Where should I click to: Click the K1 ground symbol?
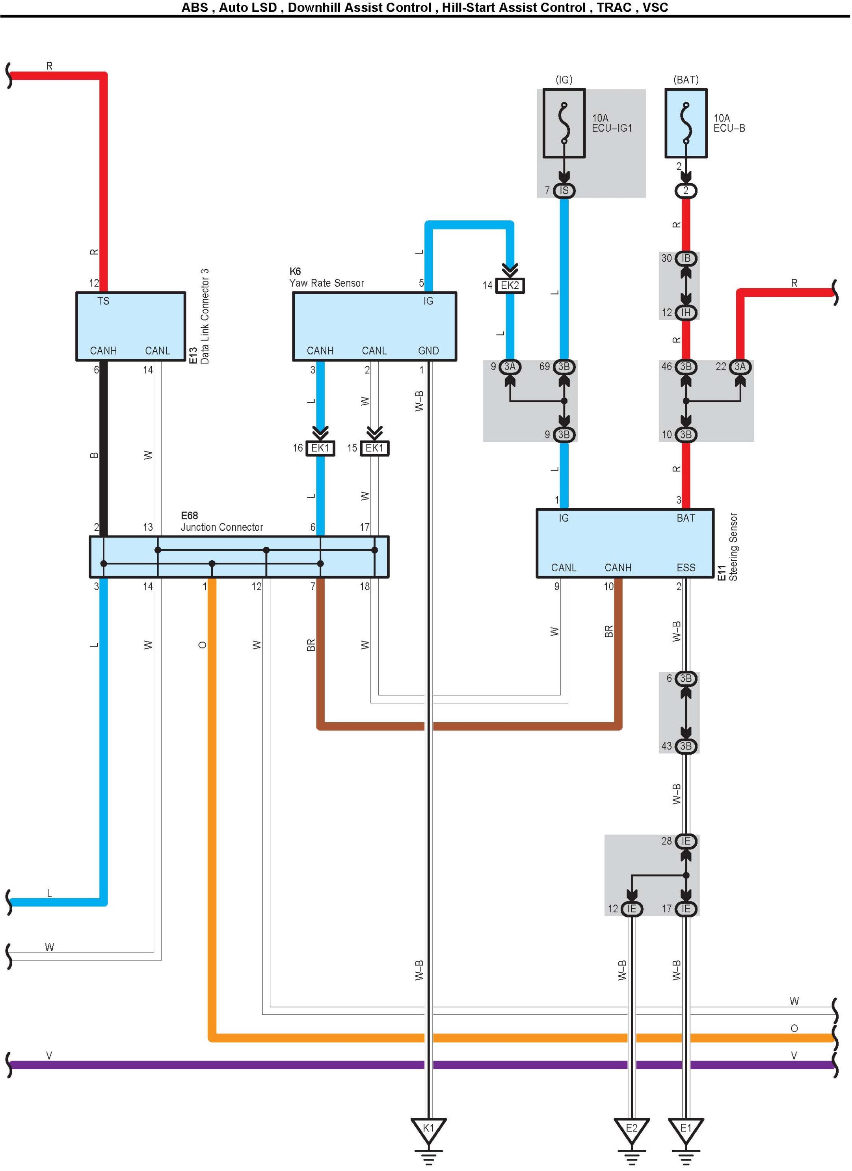click(428, 1129)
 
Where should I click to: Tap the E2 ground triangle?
click(631, 1129)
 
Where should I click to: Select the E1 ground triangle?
click(685, 1129)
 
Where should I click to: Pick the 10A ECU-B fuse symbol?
click(686, 123)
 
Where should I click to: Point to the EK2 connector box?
click(510, 285)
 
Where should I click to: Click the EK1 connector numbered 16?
click(320, 448)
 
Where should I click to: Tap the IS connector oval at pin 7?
click(564, 190)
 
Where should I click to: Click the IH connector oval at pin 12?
click(686, 312)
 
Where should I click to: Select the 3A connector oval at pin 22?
click(740, 367)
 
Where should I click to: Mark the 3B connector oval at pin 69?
click(564, 367)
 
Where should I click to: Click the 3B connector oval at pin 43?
click(686, 746)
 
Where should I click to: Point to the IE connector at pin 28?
click(686, 841)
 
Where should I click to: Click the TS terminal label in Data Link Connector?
click(103, 301)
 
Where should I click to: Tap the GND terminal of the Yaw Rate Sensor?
click(428, 351)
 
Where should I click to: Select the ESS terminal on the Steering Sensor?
click(686, 568)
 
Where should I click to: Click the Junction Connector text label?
click(222, 527)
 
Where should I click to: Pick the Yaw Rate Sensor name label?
click(327, 283)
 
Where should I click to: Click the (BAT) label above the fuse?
click(686, 80)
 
